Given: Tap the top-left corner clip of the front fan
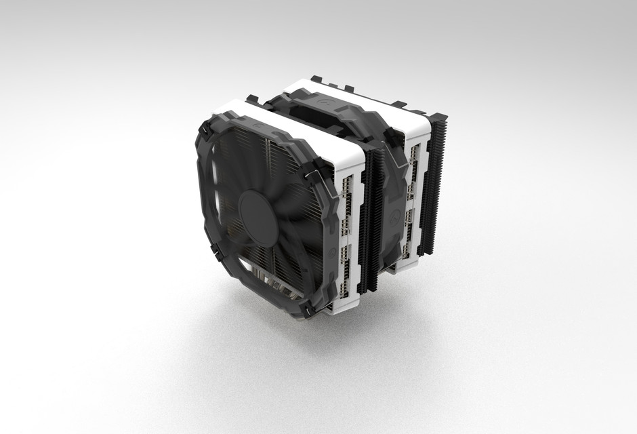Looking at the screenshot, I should click(205, 130).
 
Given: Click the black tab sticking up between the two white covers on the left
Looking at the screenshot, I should click(252, 99).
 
